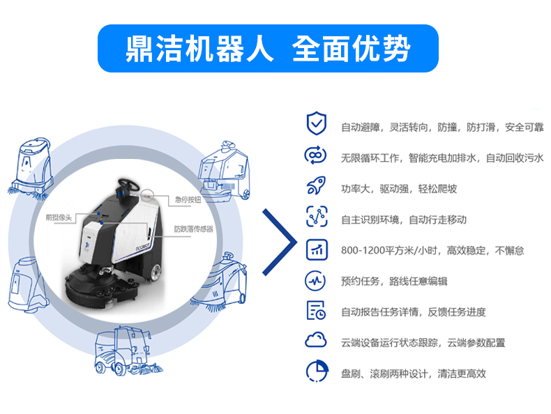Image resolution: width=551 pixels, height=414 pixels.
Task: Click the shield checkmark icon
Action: [x=316, y=123]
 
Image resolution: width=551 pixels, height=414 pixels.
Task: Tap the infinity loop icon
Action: [x=315, y=155]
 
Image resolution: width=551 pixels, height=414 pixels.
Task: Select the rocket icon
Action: [x=316, y=185]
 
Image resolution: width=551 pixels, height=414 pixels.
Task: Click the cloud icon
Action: [x=315, y=339]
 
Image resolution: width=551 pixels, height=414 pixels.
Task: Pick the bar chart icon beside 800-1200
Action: [x=317, y=250]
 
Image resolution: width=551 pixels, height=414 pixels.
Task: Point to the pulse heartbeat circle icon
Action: [x=315, y=281]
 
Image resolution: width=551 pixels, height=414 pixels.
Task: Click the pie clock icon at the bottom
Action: [x=317, y=371]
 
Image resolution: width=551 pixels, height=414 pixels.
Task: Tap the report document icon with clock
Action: [x=316, y=310]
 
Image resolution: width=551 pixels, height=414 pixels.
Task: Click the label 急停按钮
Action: [x=188, y=200]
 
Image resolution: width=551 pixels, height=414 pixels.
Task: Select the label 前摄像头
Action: [x=59, y=217]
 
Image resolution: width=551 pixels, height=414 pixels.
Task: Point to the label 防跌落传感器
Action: [x=194, y=229]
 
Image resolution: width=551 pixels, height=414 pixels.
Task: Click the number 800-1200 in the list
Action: [x=363, y=250]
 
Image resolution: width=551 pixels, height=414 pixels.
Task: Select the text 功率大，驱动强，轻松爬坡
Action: [x=399, y=189]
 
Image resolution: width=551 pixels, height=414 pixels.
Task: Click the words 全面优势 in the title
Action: [x=352, y=49]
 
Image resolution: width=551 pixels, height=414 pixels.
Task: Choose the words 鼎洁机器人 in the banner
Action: [x=199, y=49]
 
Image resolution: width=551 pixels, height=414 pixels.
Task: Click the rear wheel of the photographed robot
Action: [x=155, y=272]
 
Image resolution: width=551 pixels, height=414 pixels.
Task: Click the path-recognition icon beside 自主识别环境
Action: [x=317, y=216]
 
